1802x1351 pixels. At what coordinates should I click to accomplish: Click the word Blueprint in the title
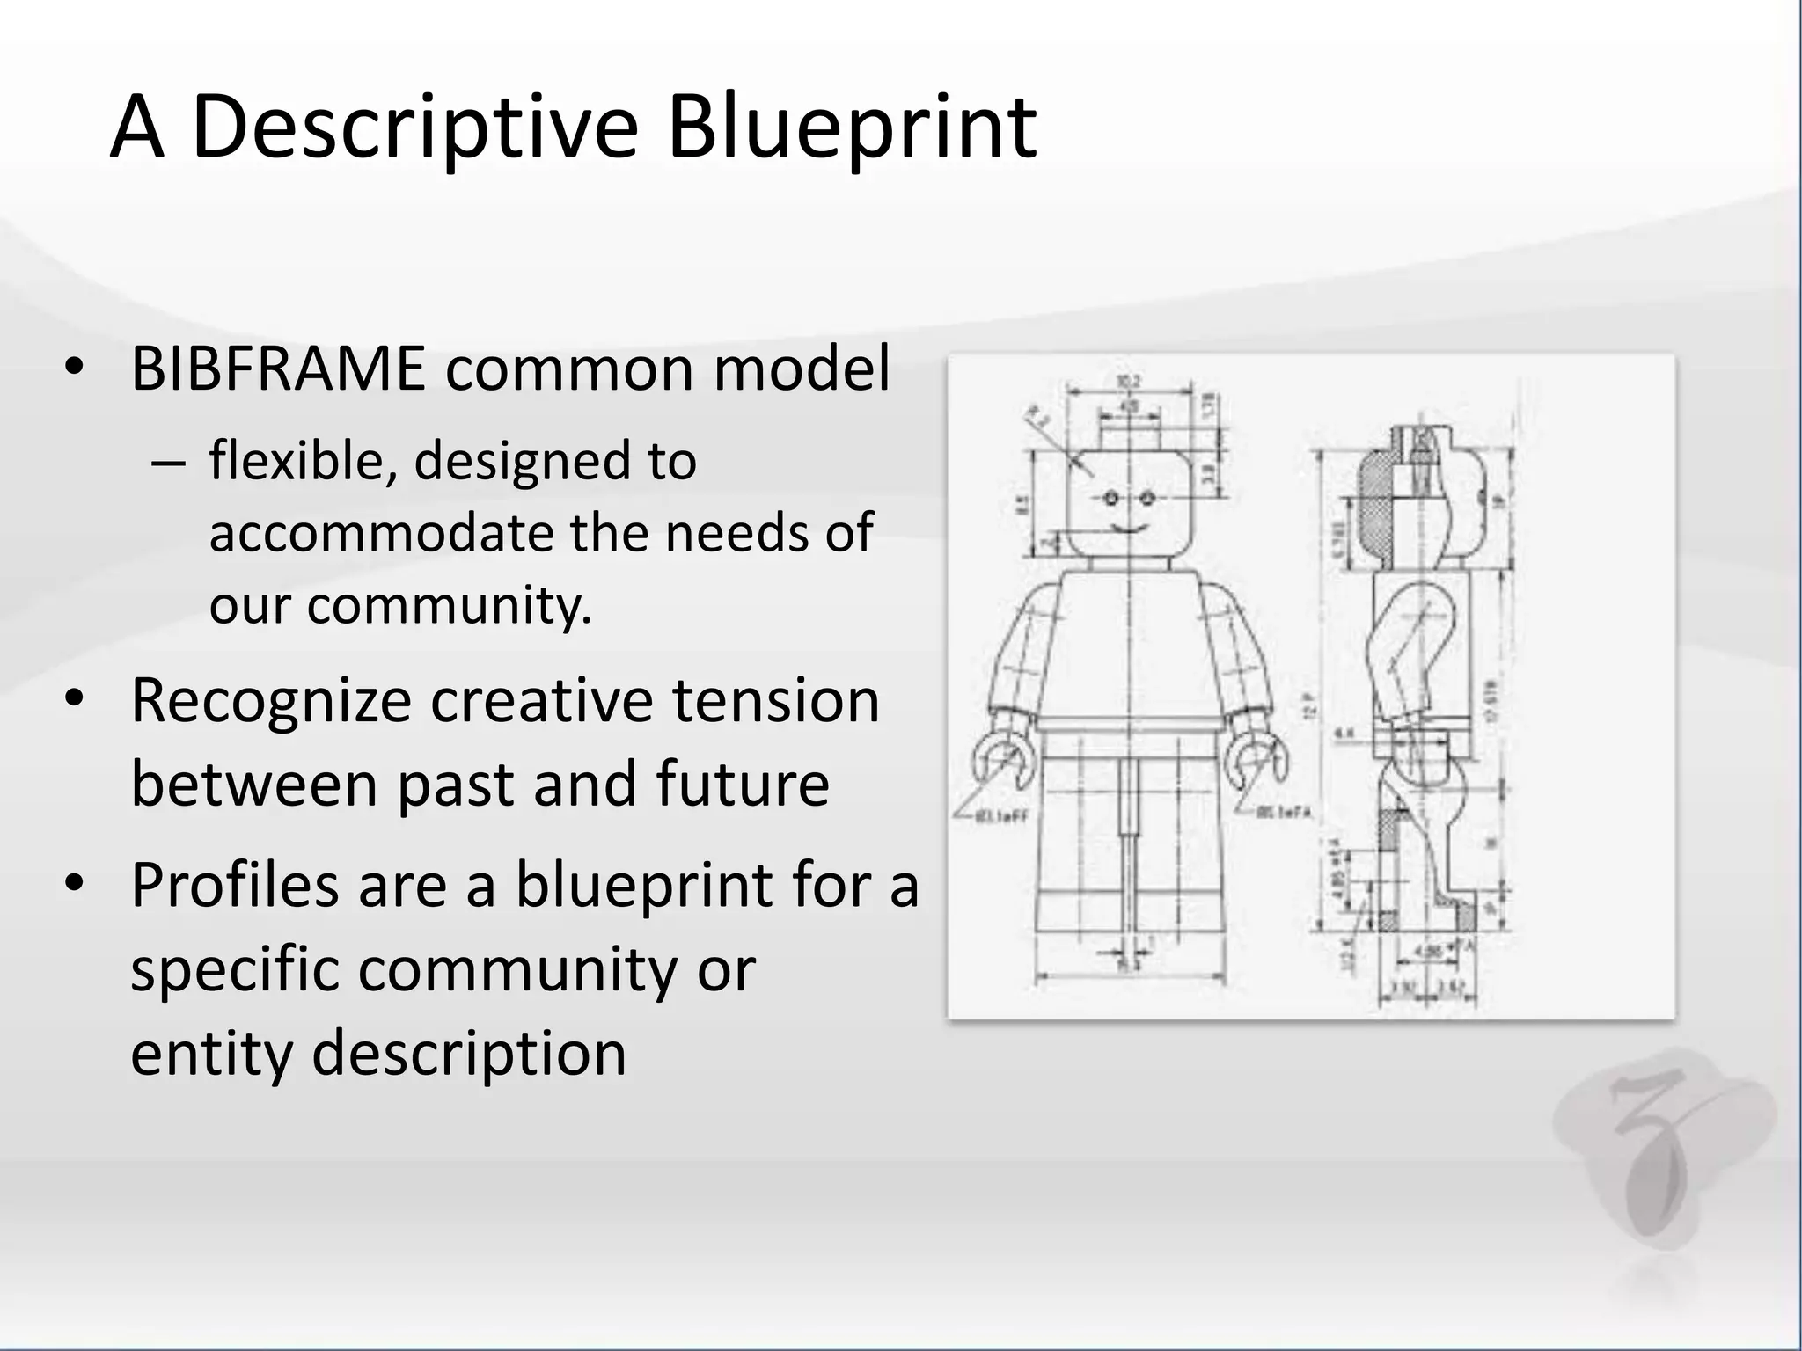pos(852,128)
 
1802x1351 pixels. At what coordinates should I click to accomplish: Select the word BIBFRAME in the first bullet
pos(278,369)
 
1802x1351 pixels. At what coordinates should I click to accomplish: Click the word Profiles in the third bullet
pos(234,885)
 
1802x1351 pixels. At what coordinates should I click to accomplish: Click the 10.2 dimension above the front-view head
pos(1127,381)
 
